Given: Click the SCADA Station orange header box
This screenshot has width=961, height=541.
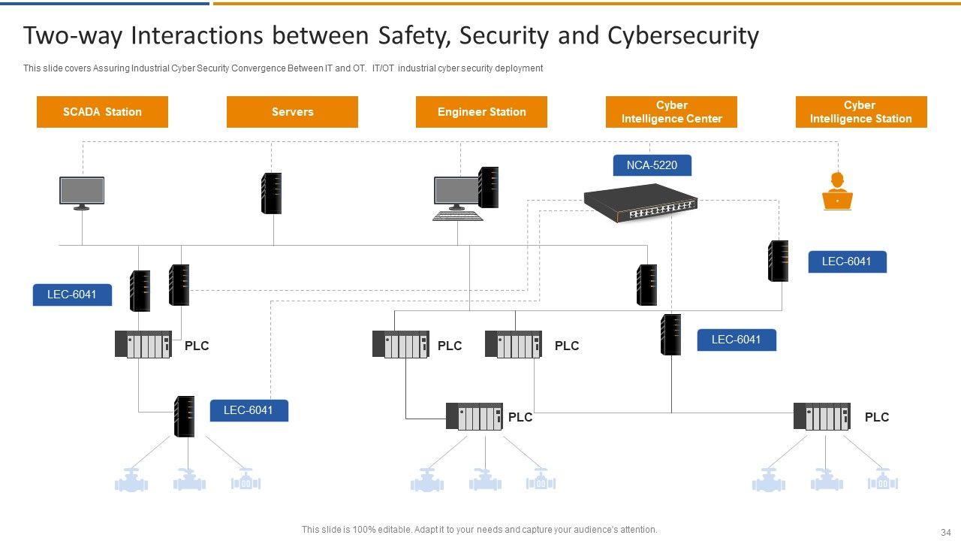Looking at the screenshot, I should (102, 112).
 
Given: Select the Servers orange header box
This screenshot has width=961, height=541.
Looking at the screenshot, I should (292, 112).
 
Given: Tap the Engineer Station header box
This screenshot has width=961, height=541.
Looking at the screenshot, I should (481, 112).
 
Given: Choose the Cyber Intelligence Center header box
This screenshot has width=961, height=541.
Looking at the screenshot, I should (671, 112).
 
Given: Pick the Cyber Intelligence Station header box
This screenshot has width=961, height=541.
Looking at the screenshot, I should (861, 112).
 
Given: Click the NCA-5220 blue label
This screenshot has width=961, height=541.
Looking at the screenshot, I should (652, 165).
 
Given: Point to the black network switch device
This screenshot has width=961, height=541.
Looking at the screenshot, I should (640, 204).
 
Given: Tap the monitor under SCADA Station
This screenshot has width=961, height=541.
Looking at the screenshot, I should (82, 192).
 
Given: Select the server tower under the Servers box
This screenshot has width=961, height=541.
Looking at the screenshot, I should (271, 193).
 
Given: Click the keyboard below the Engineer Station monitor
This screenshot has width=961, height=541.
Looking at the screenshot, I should (457, 216).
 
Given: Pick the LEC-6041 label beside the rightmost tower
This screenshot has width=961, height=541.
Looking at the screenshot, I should (847, 261).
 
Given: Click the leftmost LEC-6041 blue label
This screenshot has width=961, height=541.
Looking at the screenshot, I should (72, 295).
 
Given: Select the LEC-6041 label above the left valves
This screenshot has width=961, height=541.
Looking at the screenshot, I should (249, 410).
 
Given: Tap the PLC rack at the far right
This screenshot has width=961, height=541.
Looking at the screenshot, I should (822, 416).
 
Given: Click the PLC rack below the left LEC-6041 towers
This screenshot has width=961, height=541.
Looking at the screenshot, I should (143, 344).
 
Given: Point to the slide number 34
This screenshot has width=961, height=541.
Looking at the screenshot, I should (945, 531).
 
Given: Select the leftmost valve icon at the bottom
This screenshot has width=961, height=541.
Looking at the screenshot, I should (131, 480).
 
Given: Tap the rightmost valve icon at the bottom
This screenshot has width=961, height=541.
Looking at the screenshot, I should (883, 480).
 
